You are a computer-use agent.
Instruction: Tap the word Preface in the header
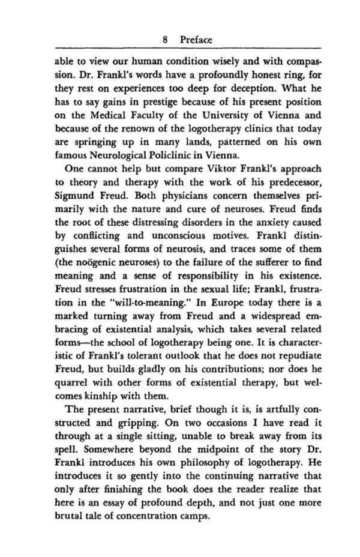[x=196, y=40]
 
